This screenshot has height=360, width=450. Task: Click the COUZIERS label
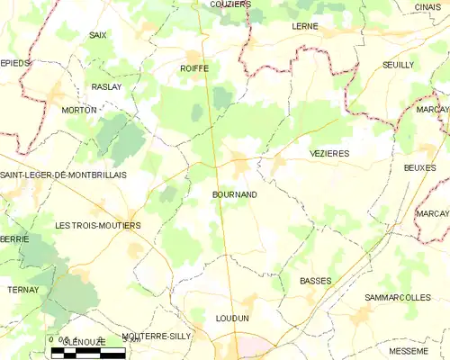coord(229,4)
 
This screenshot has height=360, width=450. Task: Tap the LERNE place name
coord(305,27)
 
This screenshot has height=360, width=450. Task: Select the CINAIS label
coord(428,6)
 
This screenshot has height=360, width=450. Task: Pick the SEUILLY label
coord(398,65)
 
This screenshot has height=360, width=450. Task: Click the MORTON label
coord(78,110)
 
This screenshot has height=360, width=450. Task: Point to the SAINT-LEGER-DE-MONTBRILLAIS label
coord(63,175)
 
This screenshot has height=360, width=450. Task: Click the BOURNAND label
coord(236,193)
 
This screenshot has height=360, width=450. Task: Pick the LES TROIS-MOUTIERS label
coord(97,225)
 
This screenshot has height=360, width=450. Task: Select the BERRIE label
coord(14,239)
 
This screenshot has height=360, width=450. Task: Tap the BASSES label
coord(315,281)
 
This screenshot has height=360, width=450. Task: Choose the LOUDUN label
coord(232,319)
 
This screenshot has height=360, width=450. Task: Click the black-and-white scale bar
coord(87,353)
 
